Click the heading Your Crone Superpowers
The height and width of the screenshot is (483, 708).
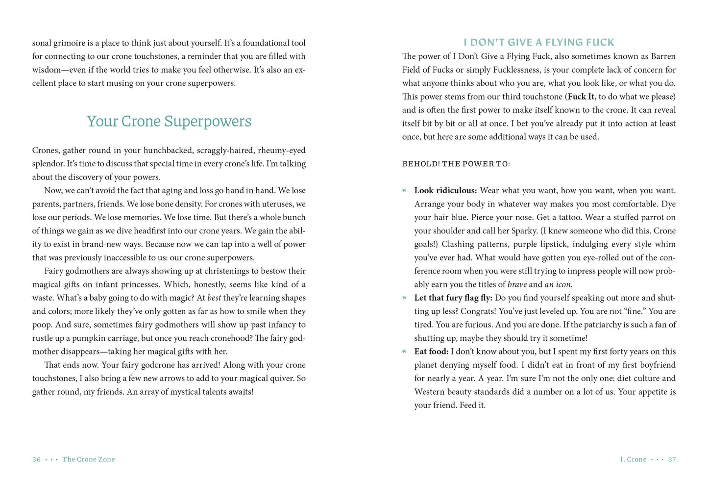point(169,121)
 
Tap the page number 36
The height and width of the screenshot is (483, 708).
point(36,459)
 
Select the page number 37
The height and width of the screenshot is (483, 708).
point(672,459)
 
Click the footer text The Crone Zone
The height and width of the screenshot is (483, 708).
point(88,459)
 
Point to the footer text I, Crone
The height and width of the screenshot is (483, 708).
point(633,459)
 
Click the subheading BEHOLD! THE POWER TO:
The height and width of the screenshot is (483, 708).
point(456,164)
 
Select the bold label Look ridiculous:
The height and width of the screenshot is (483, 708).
point(445,190)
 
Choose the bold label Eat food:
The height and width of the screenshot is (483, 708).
point(431,351)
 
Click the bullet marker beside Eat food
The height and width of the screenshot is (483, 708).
point(404,351)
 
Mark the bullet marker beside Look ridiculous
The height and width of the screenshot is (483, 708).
point(404,190)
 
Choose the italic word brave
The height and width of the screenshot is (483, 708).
point(517,284)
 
